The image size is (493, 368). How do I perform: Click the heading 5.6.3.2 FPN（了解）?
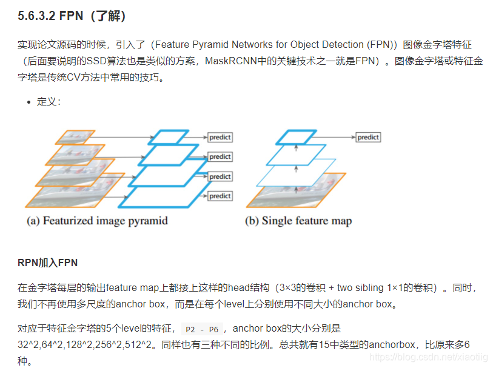point(72,16)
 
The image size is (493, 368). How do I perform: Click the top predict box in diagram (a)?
point(220,138)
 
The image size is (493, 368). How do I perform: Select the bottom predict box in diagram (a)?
point(220,196)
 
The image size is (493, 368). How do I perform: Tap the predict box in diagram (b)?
point(367,138)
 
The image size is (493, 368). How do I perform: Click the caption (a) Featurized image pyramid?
point(97,221)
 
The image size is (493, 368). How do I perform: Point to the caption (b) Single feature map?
point(298,221)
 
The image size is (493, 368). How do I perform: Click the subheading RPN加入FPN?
point(48,263)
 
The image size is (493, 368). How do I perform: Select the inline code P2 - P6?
point(202,329)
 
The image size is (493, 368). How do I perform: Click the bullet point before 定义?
point(29,102)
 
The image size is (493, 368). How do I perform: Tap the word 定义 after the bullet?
point(47,102)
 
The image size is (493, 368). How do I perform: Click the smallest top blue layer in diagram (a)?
point(165,137)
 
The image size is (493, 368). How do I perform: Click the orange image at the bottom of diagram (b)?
point(296,190)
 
